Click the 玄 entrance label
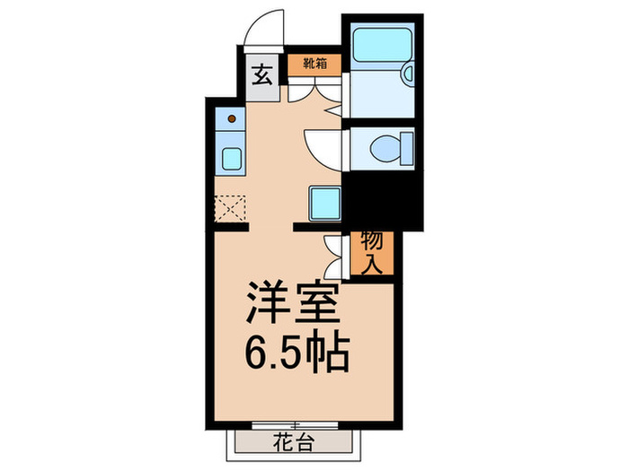(x=260, y=74)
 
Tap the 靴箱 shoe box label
(x=314, y=65)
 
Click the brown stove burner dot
(x=232, y=118)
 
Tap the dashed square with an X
(x=231, y=209)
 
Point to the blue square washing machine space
(x=323, y=202)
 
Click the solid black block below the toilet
(x=382, y=202)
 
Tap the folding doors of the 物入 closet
(x=335, y=257)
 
